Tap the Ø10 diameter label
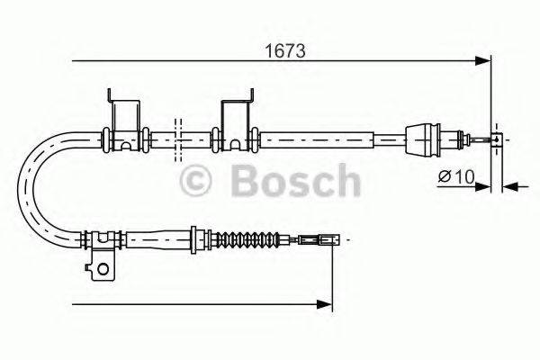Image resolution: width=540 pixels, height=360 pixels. (457, 176)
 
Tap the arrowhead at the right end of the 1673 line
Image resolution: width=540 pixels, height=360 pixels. (484, 61)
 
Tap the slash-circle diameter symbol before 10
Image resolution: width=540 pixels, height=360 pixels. (445, 176)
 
